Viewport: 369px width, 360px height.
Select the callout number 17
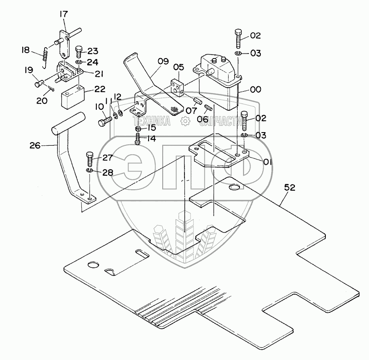coord(63,14)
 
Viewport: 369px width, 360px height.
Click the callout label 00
coord(255,90)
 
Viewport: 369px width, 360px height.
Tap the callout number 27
coord(107,158)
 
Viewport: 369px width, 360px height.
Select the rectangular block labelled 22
coord(73,97)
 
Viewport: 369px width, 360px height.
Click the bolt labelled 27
coord(89,160)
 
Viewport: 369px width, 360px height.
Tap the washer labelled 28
coord(90,171)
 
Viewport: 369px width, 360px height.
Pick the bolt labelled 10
coord(105,121)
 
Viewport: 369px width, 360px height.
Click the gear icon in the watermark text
coord(184,121)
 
